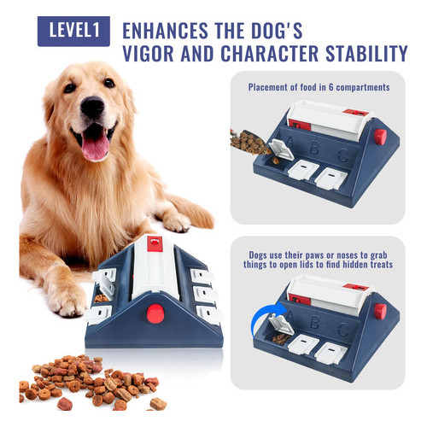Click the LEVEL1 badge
point(73,31)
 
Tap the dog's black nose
point(92,107)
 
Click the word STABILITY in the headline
point(366,53)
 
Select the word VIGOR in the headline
point(148,53)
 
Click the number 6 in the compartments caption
point(330,87)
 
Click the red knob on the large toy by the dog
point(155,313)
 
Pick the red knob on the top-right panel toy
point(380,137)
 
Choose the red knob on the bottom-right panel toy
point(380,311)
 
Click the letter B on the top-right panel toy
point(314,147)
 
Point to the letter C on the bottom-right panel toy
point(343,330)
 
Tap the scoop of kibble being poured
point(249,143)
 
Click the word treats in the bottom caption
point(382,265)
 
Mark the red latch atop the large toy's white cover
point(155,243)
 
